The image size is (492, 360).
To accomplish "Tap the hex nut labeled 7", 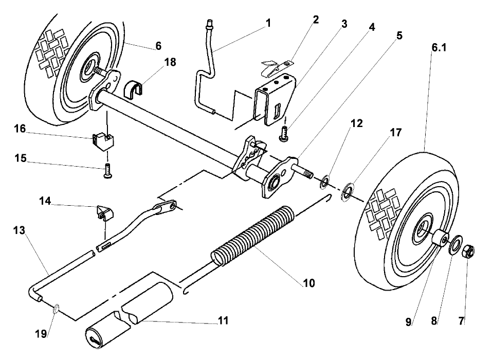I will (x=468, y=252).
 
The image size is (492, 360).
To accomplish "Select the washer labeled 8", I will (x=454, y=246).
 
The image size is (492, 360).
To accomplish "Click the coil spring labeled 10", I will (x=252, y=236).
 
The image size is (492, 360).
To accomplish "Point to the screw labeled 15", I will (x=107, y=170).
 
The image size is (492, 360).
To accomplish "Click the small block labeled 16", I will (x=103, y=140).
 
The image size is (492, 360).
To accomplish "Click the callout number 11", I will (x=223, y=321).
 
